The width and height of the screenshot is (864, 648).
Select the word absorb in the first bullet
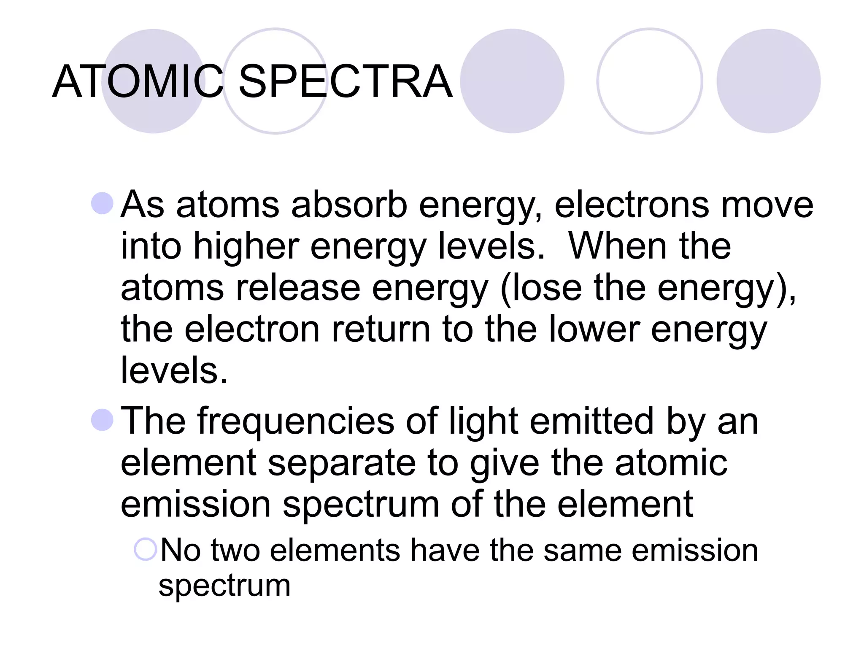(349, 205)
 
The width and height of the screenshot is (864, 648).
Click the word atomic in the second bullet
(671, 463)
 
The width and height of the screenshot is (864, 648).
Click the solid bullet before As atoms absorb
(103, 203)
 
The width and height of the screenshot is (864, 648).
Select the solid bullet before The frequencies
(103, 420)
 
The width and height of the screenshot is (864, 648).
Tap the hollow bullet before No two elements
(146, 549)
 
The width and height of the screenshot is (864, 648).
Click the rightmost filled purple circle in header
(768, 81)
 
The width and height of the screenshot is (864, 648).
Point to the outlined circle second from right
(650, 81)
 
